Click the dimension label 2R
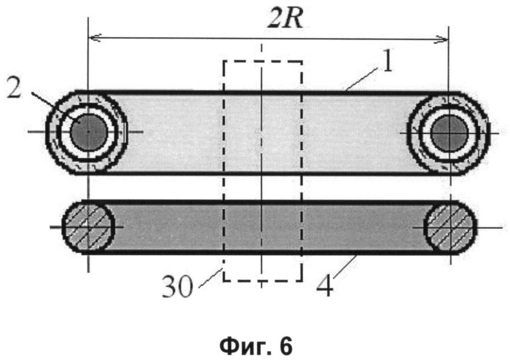(x=286, y=18)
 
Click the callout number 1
(x=387, y=60)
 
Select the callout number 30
(x=178, y=286)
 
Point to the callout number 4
(x=325, y=285)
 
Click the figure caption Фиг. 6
(x=256, y=346)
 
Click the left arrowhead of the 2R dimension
(x=95, y=38)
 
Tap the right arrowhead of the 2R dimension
(x=442, y=39)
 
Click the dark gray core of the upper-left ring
(x=88, y=132)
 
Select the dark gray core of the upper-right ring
(x=450, y=133)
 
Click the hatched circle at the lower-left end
(x=88, y=227)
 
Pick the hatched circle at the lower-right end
(x=451, y=227)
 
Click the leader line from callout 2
(x=56, y=106)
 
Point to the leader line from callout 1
(x=362, y=79)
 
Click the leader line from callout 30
(x=211, y=278)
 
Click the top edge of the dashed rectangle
(x=263, y=61)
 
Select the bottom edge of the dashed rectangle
(x=263, y=280)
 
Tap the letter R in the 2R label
(x=294, y=18)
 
